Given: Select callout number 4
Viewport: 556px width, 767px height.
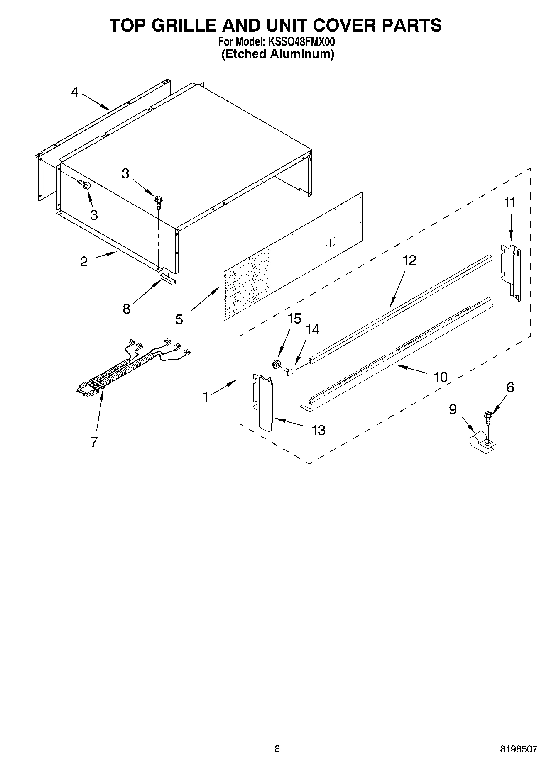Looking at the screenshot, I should point(74,92).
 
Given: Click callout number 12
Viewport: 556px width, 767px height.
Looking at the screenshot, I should point(409,260).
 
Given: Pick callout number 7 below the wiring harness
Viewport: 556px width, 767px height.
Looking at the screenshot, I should point(94,442).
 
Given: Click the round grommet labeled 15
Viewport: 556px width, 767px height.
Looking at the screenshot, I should point(275,365).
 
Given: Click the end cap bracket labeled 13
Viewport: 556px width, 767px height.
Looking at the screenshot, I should point(264,402).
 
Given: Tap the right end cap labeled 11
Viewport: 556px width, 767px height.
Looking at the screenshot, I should point(512,272).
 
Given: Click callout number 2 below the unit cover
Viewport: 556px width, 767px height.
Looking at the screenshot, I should point(84,261).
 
